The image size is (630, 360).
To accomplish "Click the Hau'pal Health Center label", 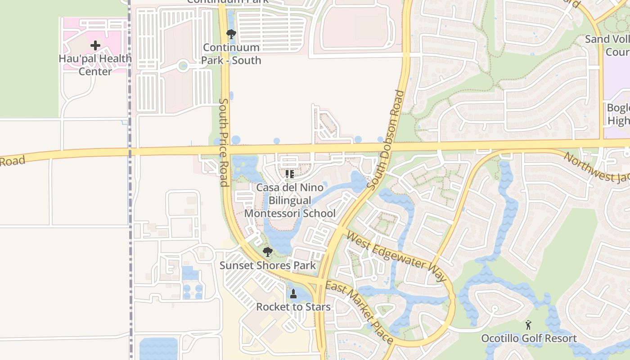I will pos(95,65).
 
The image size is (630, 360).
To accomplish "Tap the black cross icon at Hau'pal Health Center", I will pos(95,45).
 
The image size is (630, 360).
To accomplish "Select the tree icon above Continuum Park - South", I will pos(231,34).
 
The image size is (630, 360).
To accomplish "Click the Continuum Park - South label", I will pos(231,54).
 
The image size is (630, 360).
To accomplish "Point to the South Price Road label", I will pos(224,142).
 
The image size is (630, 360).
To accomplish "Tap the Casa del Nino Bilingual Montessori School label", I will pos(296,200).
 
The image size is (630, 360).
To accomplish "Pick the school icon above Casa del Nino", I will pos(290,174).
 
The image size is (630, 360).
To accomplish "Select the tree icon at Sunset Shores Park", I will pos(268,252).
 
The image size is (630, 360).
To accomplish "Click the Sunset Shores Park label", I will pos(268,265).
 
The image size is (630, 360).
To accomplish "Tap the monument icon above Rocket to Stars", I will pos(293,294).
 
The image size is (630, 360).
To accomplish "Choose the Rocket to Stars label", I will pos(293,307).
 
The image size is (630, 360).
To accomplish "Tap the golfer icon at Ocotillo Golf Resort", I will pos(529,325).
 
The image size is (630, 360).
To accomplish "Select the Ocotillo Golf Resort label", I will pos(529,338).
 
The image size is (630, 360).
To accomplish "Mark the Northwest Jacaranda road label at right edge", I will pos(596,167).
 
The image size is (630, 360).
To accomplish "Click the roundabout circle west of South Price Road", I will pos(183,66).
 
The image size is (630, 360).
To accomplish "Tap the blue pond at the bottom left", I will pos(158,349).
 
